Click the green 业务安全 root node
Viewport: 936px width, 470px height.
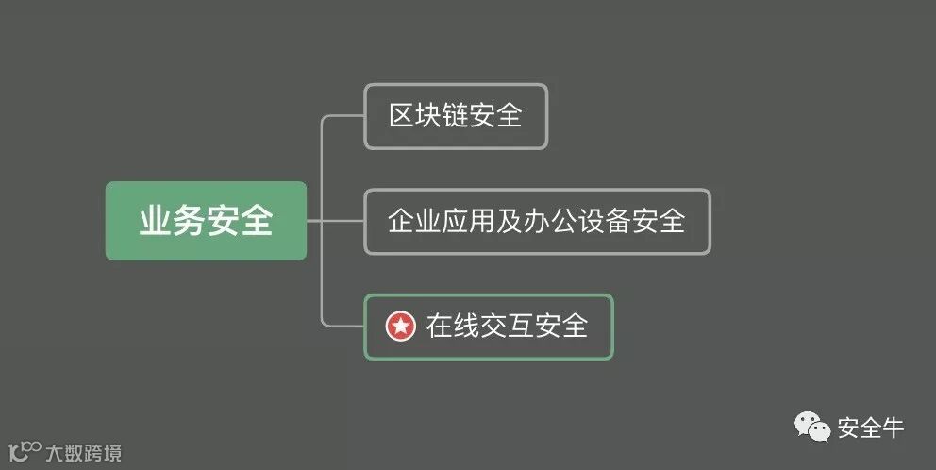click(x=206, y=221)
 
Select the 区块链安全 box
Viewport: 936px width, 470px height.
click(x=456, y=116)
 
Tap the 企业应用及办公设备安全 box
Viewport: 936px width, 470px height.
click(x=537, y=222)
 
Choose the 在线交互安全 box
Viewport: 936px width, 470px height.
click(x=489, y=327)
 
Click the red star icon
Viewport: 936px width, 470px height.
click(x=400, y=327)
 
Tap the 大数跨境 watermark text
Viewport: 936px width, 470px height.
click(x=84, y=453)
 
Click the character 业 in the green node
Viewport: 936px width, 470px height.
click(x=155, y=221)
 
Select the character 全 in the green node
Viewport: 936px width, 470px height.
click(x=257, y=221)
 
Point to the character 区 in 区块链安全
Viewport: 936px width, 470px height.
click(x=403, y=116)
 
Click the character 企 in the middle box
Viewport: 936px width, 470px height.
click(x=402, y=222)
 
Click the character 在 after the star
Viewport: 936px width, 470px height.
click(x=440, y=327)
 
